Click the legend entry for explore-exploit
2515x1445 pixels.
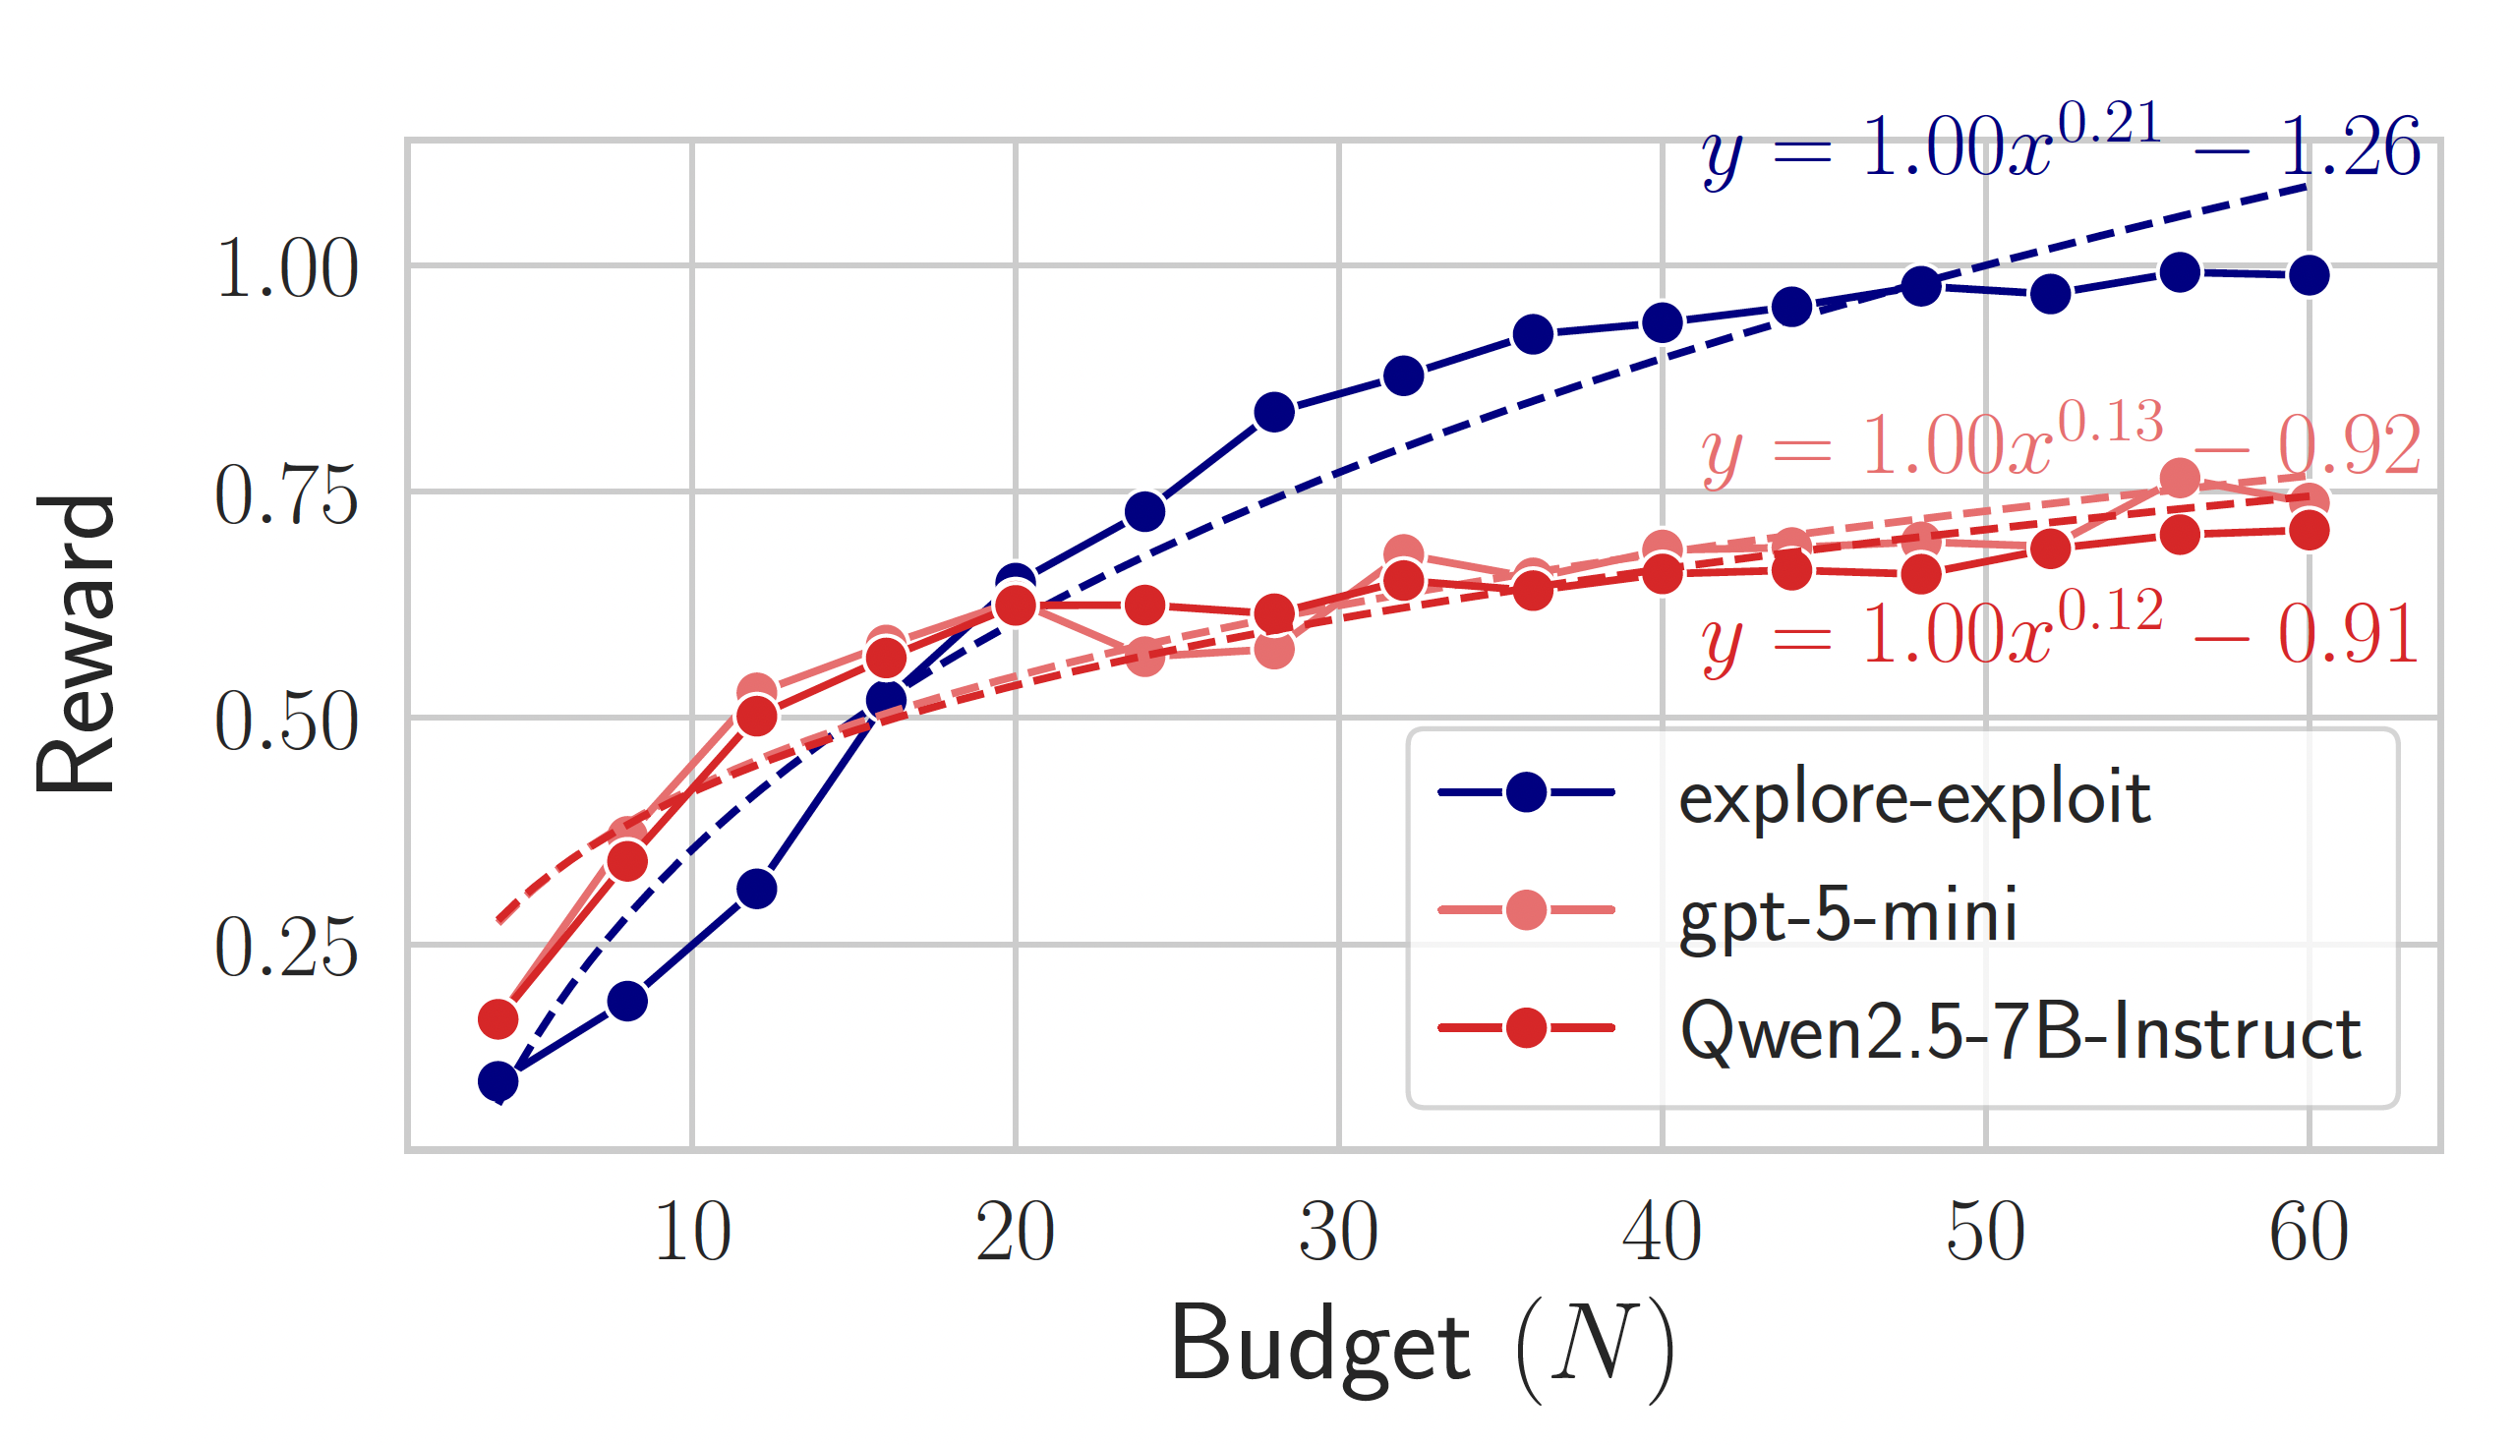click(1913, 797)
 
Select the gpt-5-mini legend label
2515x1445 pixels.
click(1848, 914)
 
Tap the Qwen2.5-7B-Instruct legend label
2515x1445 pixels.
click(2020, 1032)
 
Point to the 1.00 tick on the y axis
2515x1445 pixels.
click(286, 269)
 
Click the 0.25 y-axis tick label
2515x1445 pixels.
click(286, 949)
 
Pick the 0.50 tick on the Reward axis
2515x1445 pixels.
click(286, 722)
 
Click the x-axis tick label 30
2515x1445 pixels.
click(1338, 1232)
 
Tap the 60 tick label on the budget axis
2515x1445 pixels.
click(2309, 1232)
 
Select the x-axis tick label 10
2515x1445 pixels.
click(692, 1232)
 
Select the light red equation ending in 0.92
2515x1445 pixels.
click(2061, 446)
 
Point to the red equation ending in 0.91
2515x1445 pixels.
click(2061, 635)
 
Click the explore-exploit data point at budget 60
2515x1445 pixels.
click(2309, 275)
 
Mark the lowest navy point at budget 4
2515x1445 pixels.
click(498, 1081)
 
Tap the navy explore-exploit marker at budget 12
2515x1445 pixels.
click(756, 890)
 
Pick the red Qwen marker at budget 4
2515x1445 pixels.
click(498, 1019)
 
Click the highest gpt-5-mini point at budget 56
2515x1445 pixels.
click(2180, 479)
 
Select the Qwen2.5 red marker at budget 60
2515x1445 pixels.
click(2309, 531)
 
